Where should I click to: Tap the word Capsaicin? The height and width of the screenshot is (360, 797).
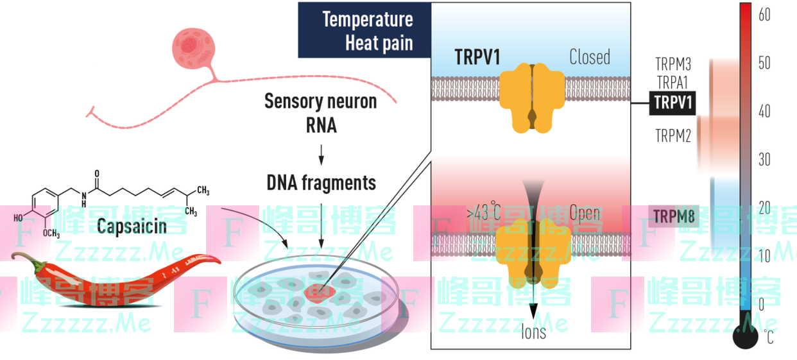point(132,225)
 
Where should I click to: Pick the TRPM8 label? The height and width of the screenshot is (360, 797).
point(674,217)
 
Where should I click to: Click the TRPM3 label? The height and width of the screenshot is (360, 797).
point(673,64)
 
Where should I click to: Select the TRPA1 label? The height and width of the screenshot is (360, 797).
point(673,82)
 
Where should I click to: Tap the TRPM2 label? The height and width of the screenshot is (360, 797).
point(673,135)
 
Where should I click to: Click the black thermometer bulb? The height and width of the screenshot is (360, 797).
point(745,336)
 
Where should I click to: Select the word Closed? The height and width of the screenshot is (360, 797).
point(589,57)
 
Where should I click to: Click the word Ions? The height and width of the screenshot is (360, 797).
point(533,332)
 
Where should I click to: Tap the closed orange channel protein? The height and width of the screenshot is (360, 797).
point(532,97)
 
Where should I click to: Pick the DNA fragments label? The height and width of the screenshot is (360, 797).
point(321,182)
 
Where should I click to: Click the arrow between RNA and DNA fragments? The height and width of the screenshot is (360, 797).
point(321,154)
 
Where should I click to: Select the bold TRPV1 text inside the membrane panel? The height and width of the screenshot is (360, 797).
point(477,57)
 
